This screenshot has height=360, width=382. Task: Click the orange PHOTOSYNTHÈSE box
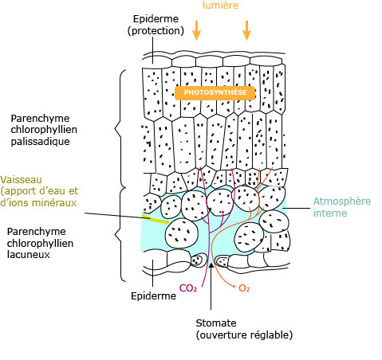pos(215,92)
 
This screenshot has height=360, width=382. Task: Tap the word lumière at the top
pos(220,5)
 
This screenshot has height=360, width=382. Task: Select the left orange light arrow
pos(196,30)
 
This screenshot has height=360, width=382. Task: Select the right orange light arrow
pos(246,30)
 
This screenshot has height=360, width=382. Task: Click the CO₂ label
pos(188,288)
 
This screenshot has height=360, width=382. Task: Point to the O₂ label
pos(244,288)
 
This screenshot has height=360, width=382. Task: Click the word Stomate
pos(216,323)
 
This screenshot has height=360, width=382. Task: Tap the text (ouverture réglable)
pos(244,335)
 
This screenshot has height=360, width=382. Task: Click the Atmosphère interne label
pos(341,207)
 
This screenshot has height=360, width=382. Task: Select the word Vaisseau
pos(21,180)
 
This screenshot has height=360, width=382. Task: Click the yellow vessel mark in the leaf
pos(155,218)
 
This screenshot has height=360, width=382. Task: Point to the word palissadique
pos(40,142)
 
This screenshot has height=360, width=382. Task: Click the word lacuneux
pos(29,255)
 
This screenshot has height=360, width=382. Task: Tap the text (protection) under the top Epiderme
pos(156,31)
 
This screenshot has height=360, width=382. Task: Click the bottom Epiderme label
pos(153,296)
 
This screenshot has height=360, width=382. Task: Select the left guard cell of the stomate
pos(199,260)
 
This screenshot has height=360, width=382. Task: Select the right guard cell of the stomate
pos(222,261)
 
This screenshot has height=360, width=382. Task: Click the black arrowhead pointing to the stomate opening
pos(211,265)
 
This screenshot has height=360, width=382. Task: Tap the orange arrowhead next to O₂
pos(234,286)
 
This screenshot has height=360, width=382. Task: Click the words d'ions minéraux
pos(38,203)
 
